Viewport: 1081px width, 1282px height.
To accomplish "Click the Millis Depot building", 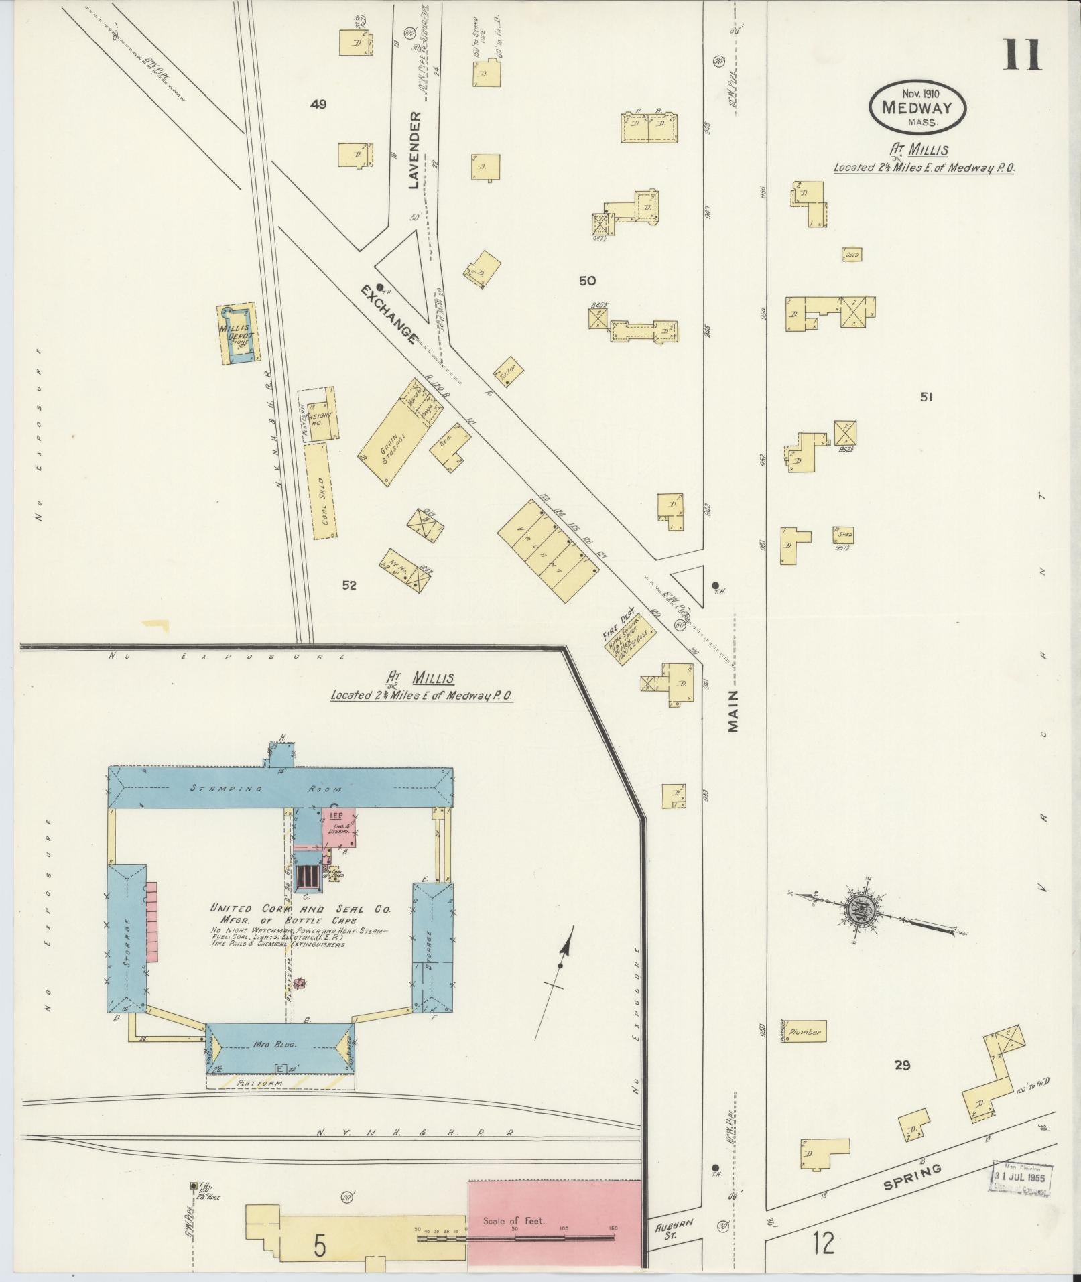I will click(237, 334).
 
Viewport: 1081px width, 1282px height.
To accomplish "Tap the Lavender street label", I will click(414, 150).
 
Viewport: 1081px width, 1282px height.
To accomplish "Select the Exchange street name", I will click(389, 314).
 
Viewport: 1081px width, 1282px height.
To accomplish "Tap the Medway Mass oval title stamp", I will click(918, 107).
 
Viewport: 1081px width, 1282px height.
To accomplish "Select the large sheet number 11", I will click(1022, 55).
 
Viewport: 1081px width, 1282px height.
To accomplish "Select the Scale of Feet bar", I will click(516, 1238).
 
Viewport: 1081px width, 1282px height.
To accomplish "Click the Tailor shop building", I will click(508, 371).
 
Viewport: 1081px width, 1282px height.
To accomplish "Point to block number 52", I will click(348, 585).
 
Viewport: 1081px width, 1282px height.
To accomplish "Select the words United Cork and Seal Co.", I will click(300, 909).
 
